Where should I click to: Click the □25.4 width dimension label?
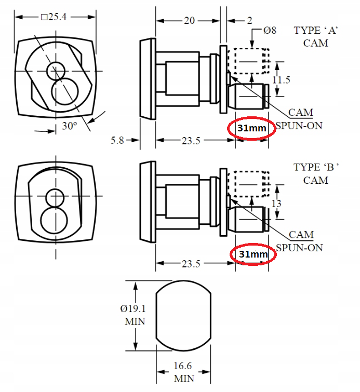pyautogui.click(x=54, y=17)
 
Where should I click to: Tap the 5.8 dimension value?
pyautogui.click(x=117, y=140)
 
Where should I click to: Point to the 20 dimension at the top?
pyautogui.click(x=189, y=21)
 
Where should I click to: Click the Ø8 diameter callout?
pyautogui.click(x=270, y=31)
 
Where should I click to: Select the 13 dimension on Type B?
pyautogui.click(x=276, y=204)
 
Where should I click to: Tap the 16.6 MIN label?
pyautogui.click(x=184, y=373)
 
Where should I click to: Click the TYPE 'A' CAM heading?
pyautogui.click(x=316, y=36)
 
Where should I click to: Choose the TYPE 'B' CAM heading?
pyautogui.click(x=316, y=173)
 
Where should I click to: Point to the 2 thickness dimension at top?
pyautogui.click(x=250, y=21)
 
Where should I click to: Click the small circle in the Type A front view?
pyautogui.click(x=55, y=71)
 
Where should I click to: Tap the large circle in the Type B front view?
pyautogui.click(x=55, y=221)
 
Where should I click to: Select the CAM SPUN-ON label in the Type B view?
pyautogui.click(x=299, y=241)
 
